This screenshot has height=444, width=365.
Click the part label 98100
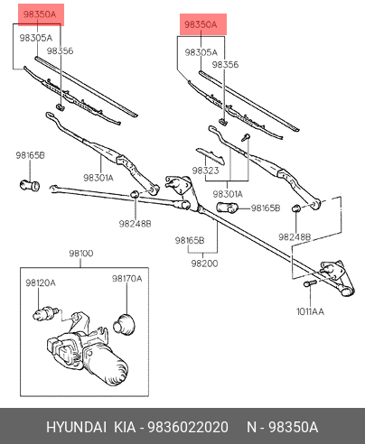[81, 254]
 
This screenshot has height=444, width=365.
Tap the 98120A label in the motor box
[41, 282]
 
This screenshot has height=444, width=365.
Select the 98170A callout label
[126, 279]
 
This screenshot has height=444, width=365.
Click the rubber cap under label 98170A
[124, 324]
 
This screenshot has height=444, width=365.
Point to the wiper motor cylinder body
[106, 364]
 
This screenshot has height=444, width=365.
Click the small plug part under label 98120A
[44, 314]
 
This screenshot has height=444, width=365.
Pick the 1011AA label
[310, 311]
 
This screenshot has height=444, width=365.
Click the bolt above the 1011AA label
[310, 283]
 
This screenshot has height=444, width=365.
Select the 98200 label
[204, 264]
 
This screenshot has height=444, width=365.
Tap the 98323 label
[205, 171]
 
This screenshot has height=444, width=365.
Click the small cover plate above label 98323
[211, 156]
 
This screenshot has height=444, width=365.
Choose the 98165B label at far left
[30, 155]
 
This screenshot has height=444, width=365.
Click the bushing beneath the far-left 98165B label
[30, 185]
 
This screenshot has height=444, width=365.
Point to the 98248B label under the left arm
[135, 224]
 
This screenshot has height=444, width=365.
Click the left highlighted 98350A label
[40, 14]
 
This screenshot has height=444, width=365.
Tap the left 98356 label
[60, 51]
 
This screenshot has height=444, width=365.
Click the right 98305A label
[201, 52]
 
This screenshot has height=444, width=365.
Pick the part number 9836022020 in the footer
[188, 427]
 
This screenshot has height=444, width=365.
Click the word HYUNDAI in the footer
[76, 427]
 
